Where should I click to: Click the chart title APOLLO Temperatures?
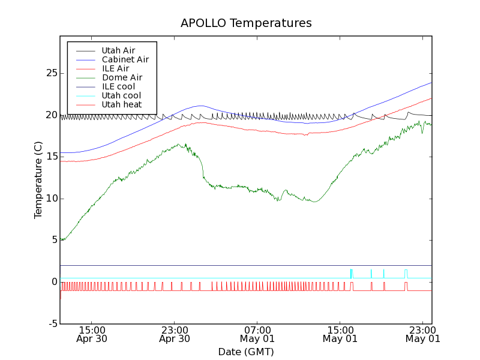(x=246, y=23)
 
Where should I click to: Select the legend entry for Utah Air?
(x=118, y=50)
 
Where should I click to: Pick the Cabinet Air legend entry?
(x=125, y=59)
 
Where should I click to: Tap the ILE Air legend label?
(x=115, y=68)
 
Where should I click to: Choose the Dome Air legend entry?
(x=122, y=77)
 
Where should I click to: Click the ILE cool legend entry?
(x=118, y=86)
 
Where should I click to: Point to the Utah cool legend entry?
(x=121, y=95)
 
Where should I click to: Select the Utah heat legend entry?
(x=121, y=104)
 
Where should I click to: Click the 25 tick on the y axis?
(x=52, y=73)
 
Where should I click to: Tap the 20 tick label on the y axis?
(x=52, y=115)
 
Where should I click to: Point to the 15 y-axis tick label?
(x=52, y=157)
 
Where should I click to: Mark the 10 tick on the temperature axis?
(x=52, y=199)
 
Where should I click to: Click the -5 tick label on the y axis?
(x=52, y=324)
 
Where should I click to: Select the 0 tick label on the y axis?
(x=54, y=282)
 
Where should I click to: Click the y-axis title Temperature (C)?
(x=38, y=180)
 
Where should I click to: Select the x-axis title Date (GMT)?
(x=246, y=352)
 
